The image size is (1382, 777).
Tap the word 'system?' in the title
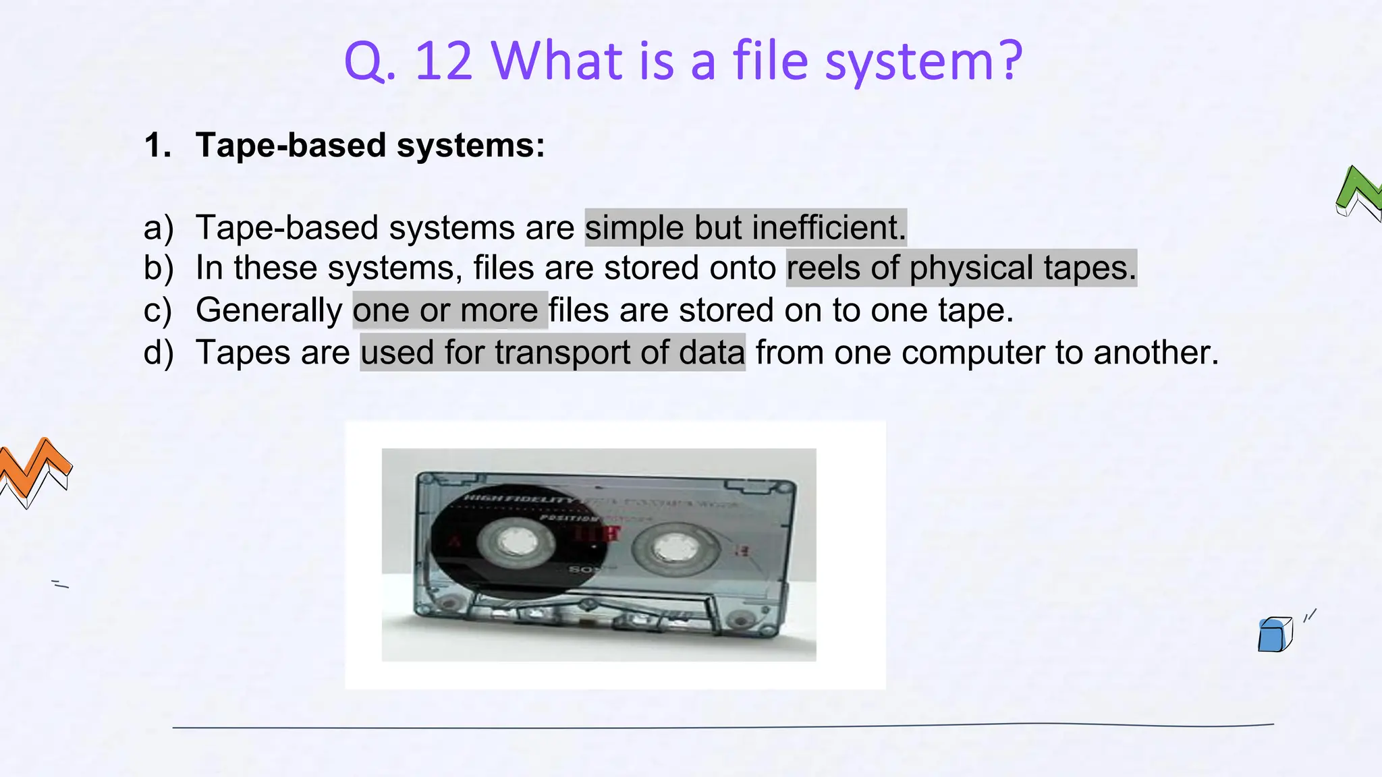click(x=924, y=61)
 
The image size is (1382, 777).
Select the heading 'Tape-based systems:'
click(x=370, y=145)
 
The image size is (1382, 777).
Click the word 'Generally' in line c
click(x=269, y=310)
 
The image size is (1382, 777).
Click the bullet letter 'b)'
click(x=159, y=268)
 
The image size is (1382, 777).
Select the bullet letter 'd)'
click(x=159, y=352)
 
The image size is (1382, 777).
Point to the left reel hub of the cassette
click(x=518, y=542)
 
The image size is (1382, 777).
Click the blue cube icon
click(x=1274, y=635)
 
